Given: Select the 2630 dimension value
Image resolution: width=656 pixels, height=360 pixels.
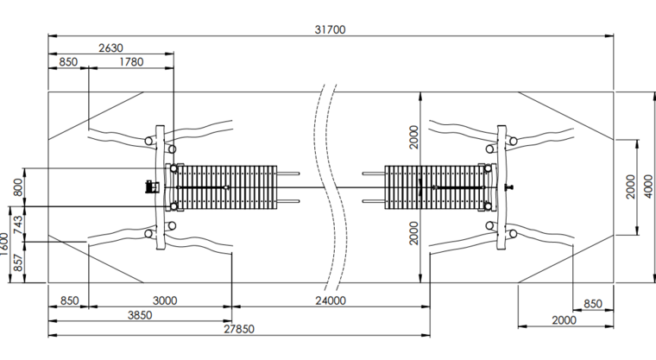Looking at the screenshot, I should click(x=110, y=47).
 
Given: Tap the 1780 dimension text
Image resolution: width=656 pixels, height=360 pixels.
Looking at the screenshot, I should click(x=131, y=62).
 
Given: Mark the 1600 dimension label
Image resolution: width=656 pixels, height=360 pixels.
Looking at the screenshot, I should click(x=5, y=245).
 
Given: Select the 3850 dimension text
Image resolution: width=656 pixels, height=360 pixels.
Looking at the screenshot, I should click(x=140, y=315).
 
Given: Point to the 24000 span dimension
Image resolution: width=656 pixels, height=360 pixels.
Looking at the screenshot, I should click(x=331, y=300).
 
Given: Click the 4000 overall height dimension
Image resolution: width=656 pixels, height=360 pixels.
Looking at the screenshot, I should click(x=648, y=186).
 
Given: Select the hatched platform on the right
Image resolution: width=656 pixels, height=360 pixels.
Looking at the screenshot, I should click(x=434, y=186).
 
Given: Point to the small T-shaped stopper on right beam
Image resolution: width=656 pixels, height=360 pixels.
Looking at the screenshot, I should click(x=512, y=186).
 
